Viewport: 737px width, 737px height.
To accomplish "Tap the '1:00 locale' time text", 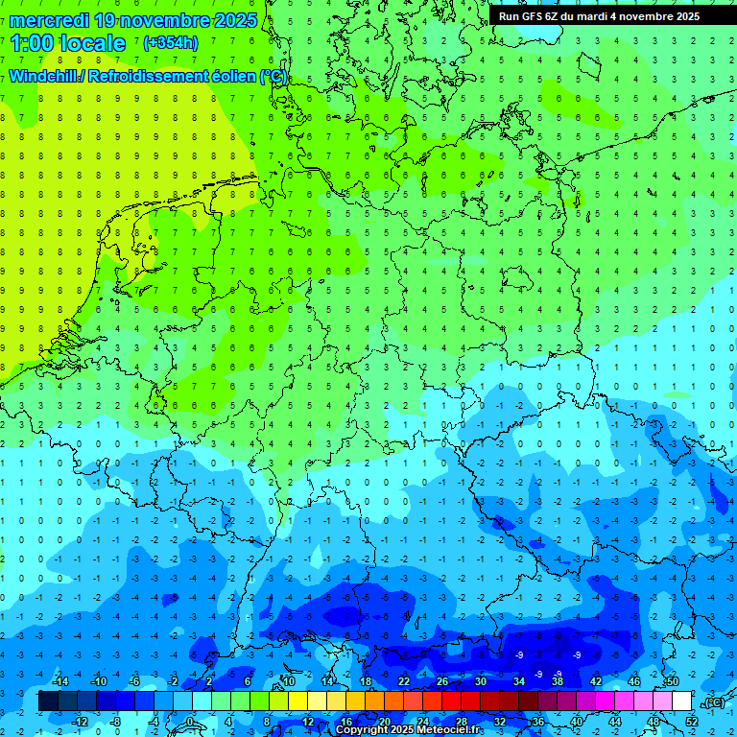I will (x=68, y=43).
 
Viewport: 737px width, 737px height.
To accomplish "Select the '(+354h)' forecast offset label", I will (x=171, y=42).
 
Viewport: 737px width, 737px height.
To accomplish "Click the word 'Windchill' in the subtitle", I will (x=43, y=76).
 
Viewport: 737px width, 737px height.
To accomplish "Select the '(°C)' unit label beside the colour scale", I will (x=713, y=702).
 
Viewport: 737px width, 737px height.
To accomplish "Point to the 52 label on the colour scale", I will (x=692, y=722).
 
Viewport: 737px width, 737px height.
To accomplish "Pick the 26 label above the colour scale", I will (x=442, y=681).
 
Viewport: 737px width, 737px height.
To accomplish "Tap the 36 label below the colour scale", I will (x=538, y=722).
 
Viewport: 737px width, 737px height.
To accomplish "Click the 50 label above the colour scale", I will (x=673, y=681).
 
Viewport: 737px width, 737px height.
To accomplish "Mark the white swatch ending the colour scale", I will (x=682, y=701).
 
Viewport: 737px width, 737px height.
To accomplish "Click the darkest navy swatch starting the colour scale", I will (x=49, y=701).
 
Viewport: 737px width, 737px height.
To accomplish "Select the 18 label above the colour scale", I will (x=366, y=681).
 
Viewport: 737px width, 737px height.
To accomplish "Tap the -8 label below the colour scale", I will (x=116, y=722).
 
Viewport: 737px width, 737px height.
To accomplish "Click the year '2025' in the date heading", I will (x=230, y=20).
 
